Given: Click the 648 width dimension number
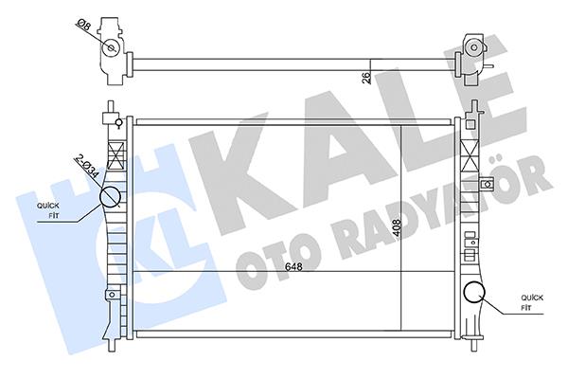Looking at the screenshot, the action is (x=293, y=267).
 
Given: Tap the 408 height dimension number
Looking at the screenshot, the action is (x=397, y=228).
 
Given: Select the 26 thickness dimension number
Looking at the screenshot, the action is (x=366, y=78).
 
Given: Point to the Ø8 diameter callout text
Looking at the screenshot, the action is (x=83, y=26).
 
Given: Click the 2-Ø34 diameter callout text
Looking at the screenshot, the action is (x=86, y=166).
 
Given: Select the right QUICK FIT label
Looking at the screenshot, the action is (x=531, y=303).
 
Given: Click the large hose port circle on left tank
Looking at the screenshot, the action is (x=110, y=196).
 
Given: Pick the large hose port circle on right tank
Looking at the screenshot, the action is (x=474, y=293).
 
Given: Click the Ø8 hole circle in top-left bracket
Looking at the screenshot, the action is (x=111, y=48).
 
